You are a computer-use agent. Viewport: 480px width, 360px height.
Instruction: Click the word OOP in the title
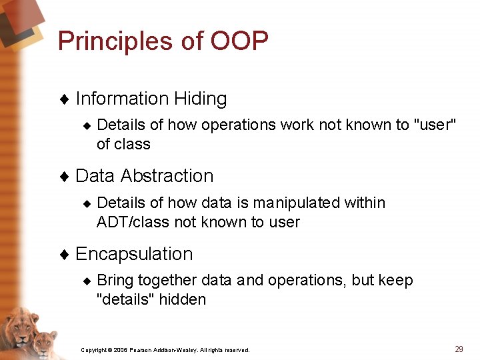tap(239, 41)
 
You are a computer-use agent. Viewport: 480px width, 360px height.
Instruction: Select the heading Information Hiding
tap(151, 99)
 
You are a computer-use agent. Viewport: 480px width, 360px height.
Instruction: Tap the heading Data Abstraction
tap(145, 176)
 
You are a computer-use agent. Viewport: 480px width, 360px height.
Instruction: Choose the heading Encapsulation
tap(134, 254)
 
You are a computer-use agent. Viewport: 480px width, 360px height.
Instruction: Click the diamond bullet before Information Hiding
tap(65, 99)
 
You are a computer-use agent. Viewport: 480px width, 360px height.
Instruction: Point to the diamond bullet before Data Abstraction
tap(65, 177)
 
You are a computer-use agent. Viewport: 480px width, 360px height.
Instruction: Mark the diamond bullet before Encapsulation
tap(65, 255)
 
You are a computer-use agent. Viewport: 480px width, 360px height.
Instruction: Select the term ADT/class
tap(133, 222)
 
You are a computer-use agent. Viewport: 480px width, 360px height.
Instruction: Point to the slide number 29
tap(459, 349)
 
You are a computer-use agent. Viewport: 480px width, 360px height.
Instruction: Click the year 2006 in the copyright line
tap(120, 350)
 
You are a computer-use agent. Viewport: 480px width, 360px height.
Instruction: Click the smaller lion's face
tap(44, 343)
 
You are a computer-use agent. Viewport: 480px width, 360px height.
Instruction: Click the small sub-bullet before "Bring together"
tap(86, 281)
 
